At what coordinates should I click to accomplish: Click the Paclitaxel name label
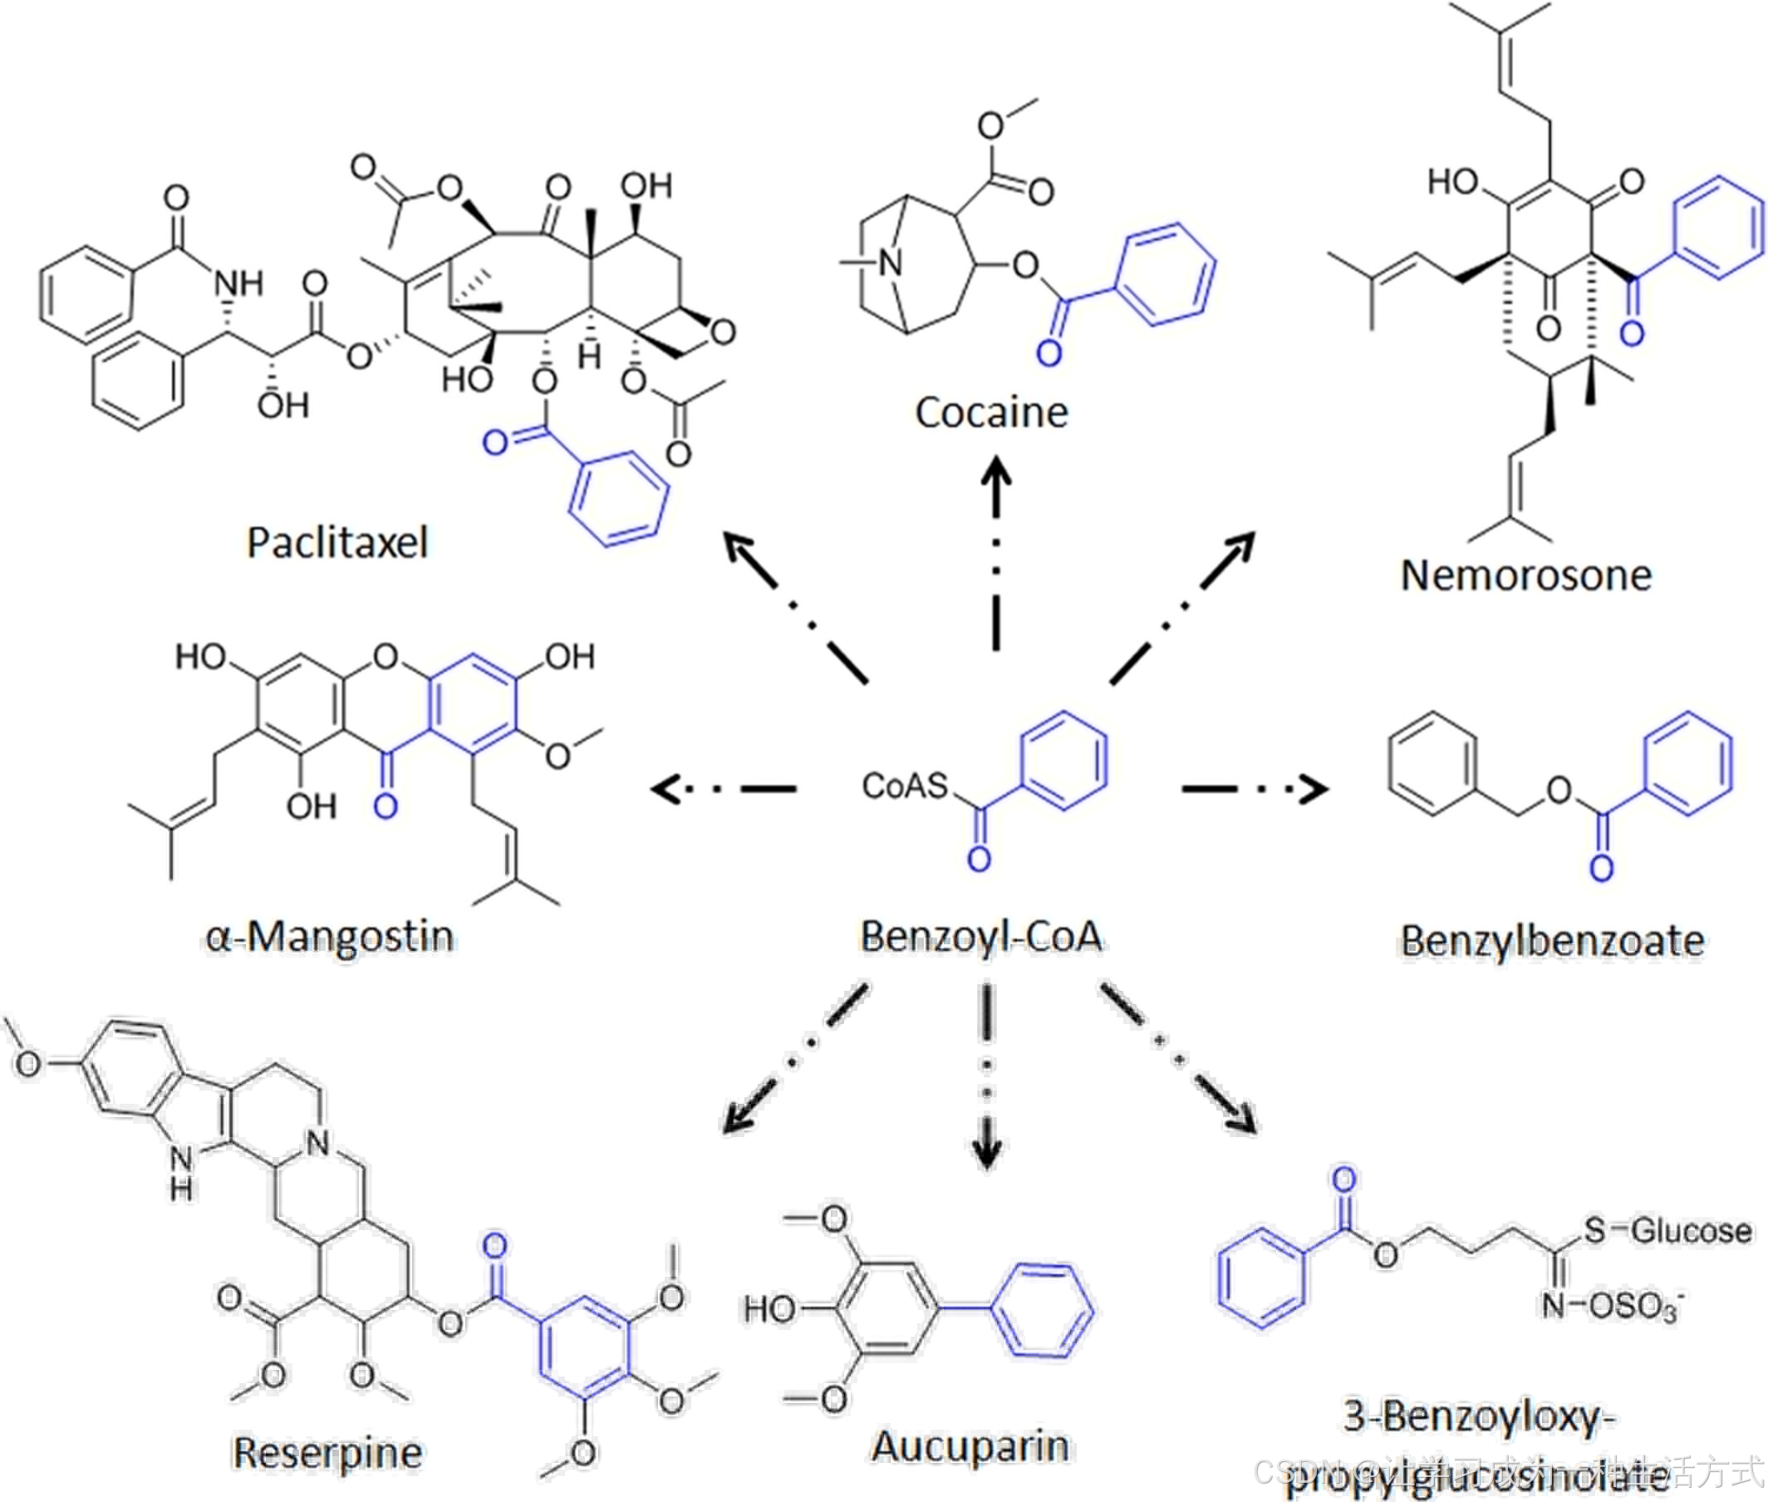click(x=336, y=543)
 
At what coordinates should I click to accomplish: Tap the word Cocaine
click(x=991, y=413)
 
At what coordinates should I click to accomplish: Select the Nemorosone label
click(x=1525, y=575)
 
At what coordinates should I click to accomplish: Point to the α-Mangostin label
click(x=330, y=937)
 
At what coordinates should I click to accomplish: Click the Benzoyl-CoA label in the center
click(x=980, y=937)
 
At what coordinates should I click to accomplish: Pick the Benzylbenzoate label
click(x=1552, y=941)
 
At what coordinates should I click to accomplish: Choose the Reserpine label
click(x=327, y=1453)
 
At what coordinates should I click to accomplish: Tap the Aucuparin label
click(x=970, y=1445)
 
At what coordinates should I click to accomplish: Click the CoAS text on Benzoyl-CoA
click(x=905, y=785)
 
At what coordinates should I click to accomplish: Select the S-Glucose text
click(x=1667, y=1231)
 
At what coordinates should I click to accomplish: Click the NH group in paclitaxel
click(x=238, y=283)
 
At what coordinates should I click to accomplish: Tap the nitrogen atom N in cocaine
click(x=890, y=263)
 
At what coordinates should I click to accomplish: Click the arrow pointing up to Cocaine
click(x=996, y=554)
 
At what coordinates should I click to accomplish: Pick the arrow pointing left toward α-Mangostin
click(x=724, y=790)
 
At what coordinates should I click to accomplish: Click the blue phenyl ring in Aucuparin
click(x=1044, y=1309)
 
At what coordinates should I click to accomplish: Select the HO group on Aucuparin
click(x=769, y=1308)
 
